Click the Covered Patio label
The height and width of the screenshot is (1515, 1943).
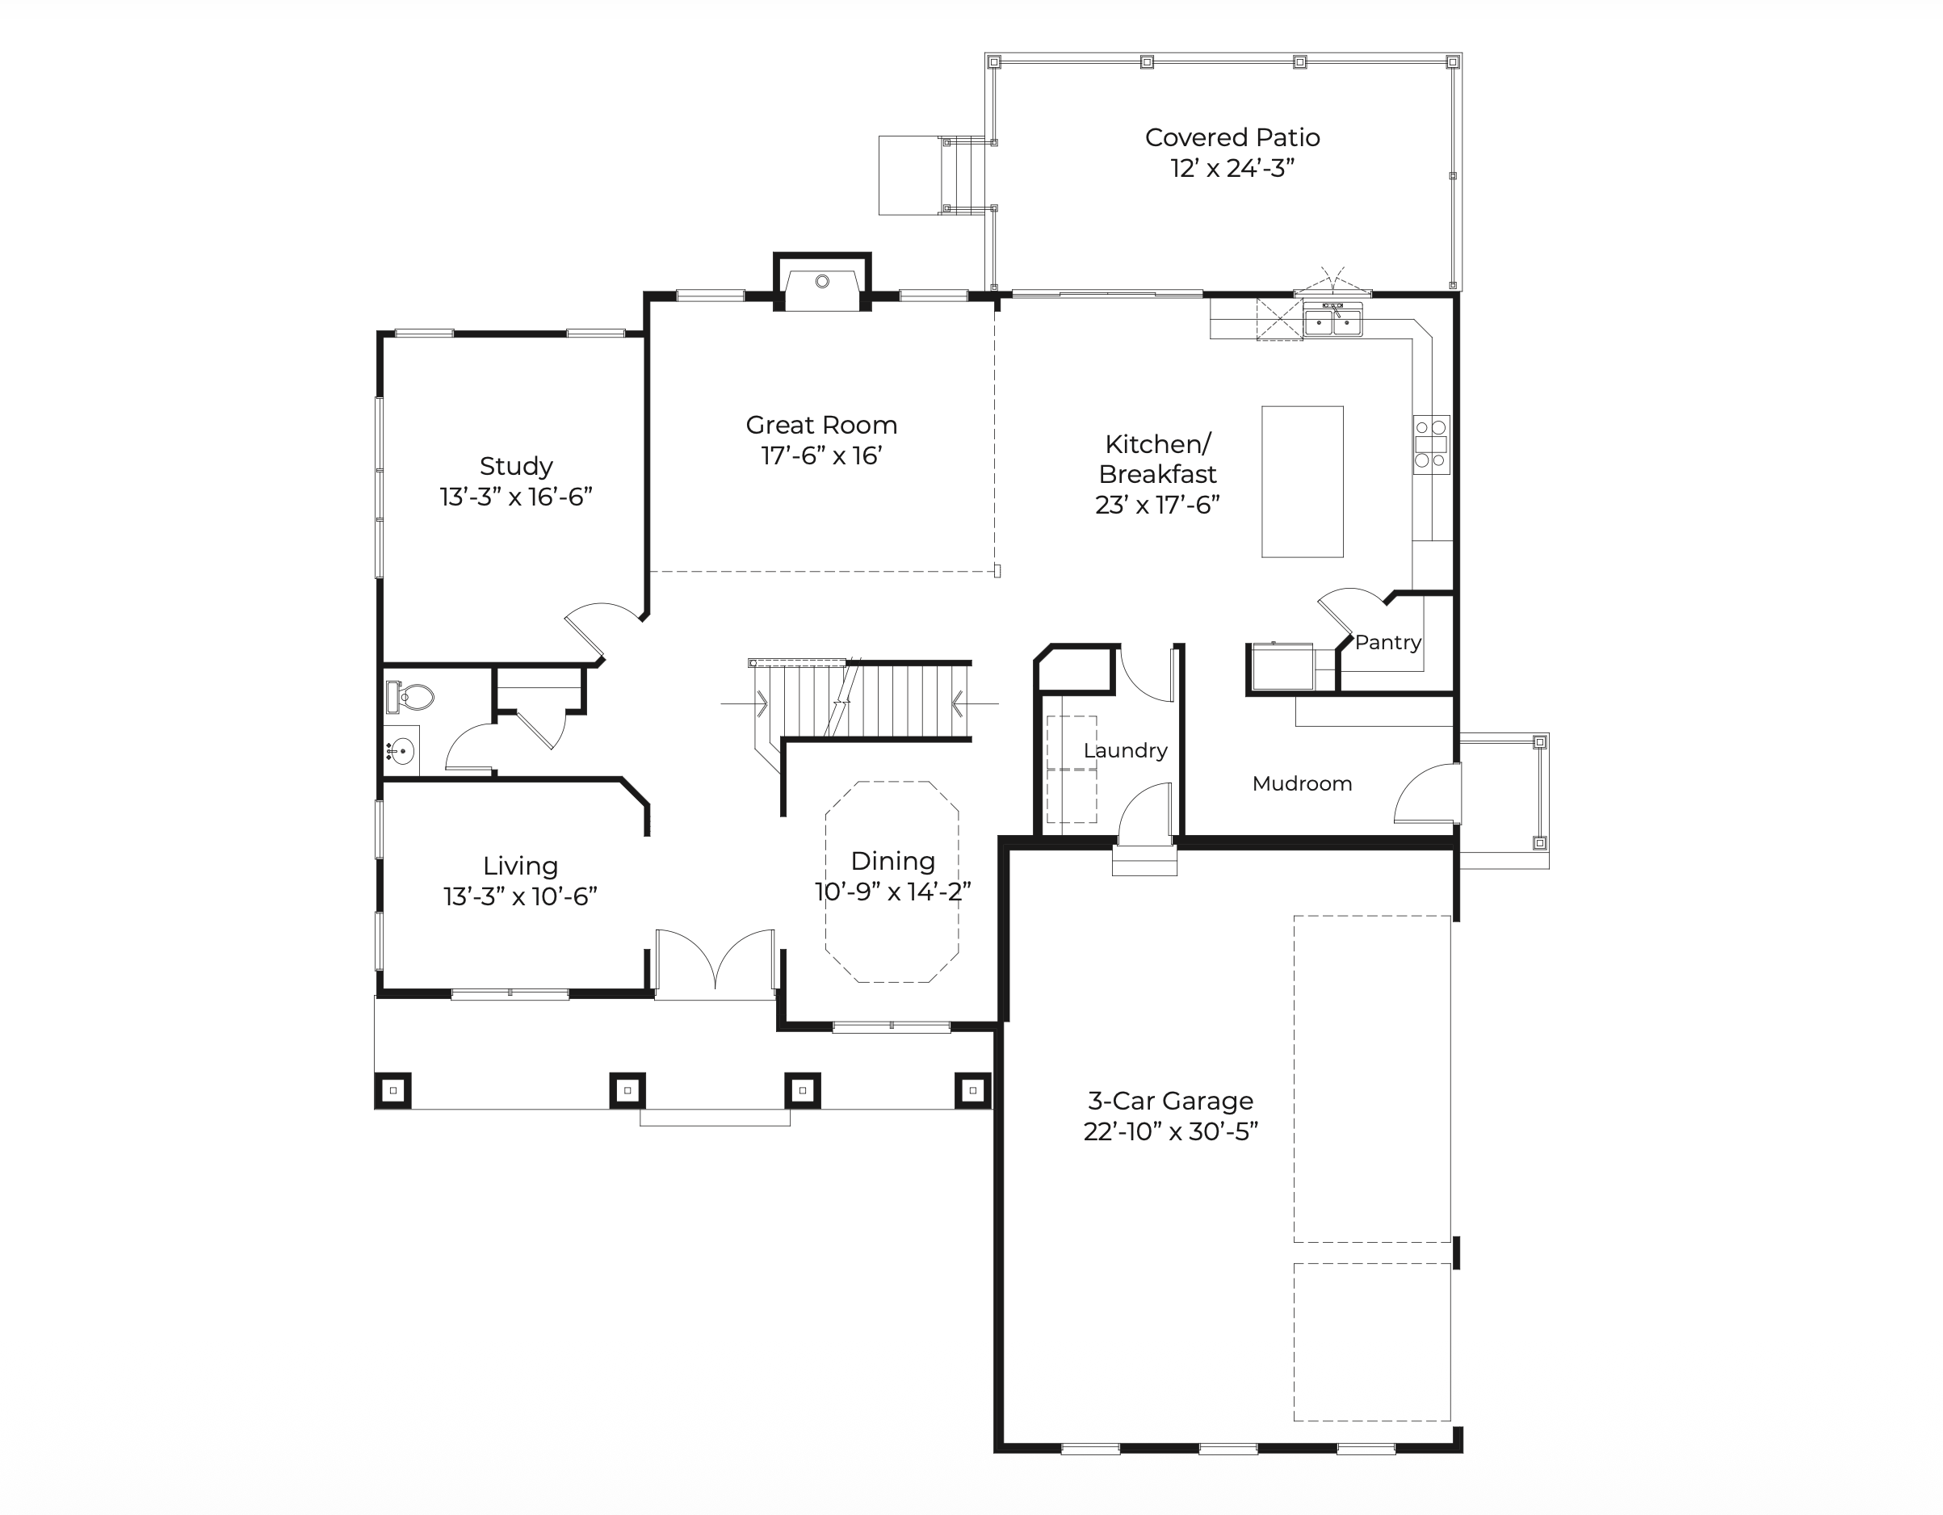click(1232, 138)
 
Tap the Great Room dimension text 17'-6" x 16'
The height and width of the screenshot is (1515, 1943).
click(821, 455)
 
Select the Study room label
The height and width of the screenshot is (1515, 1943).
click(516, 466)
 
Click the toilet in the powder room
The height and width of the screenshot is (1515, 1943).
click(410, 697)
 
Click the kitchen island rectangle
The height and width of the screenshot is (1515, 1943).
click(1303, 482)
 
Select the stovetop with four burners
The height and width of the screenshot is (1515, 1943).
click(1430, 444)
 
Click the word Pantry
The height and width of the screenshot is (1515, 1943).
click(1388, 642)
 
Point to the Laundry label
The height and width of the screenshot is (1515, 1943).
click(1126, 751)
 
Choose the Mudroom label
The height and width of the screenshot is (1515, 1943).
click(1302, 783)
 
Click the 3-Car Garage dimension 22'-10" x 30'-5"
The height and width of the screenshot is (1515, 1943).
click(1171, 1131)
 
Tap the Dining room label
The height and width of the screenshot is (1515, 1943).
click(892, 861)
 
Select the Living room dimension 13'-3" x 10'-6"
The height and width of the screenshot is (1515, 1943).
click(519, 896)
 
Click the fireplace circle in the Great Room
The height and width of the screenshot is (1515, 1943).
click(822, 281)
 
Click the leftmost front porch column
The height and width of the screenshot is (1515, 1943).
click(393, 1091)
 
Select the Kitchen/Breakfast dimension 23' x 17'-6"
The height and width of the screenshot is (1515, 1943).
click(1156, 506)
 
